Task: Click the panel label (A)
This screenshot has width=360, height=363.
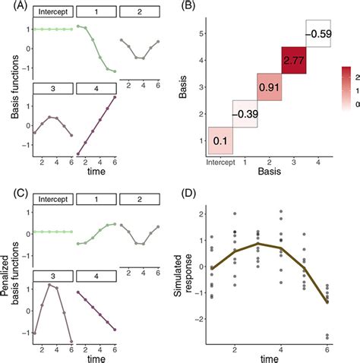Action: pos(11,8)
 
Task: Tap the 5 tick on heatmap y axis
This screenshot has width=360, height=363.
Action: pos(201,34)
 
